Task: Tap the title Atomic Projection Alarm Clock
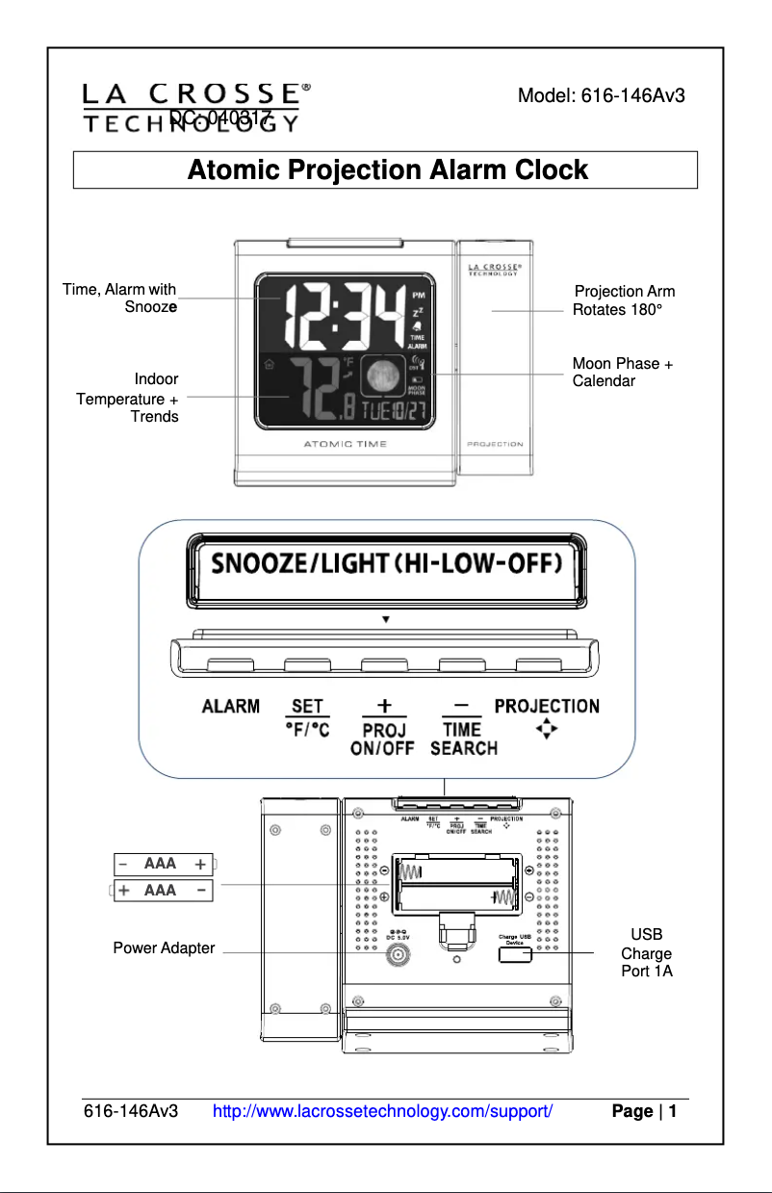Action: point(387,170)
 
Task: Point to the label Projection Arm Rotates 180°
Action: point(624,300)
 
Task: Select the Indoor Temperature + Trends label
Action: point(129,398)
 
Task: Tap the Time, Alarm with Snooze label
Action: point(120,298)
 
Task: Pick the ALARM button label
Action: point(230,707)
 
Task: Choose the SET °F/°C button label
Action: point(308,719)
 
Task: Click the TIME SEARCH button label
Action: point(463,739)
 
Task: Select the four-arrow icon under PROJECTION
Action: point(546,731)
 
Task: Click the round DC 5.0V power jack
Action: point(396,955)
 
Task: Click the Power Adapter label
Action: point(164,948)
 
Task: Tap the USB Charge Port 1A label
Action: point(646,952)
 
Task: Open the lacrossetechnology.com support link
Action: point(382,1112)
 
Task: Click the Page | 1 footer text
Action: point(644,1112)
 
